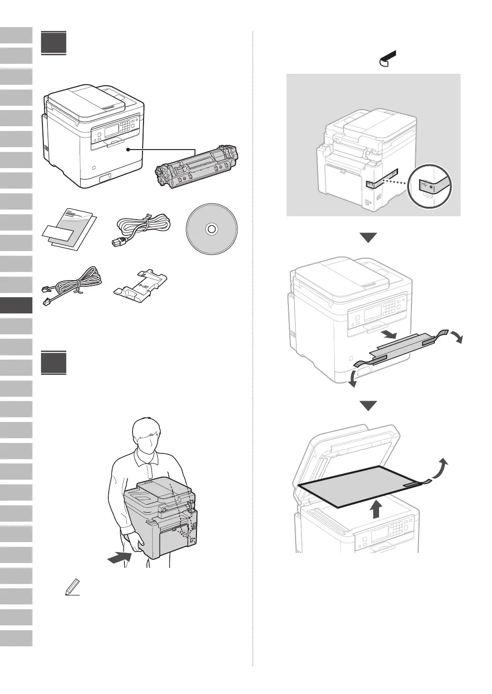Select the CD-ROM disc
pos(210,229)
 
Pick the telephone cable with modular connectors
pos(72,286)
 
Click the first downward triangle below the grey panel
pos(368,237)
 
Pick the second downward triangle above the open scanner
pos(368,406)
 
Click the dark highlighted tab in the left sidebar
pos(16,305)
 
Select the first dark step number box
pos(53,43)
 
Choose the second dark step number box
pos(53,363)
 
